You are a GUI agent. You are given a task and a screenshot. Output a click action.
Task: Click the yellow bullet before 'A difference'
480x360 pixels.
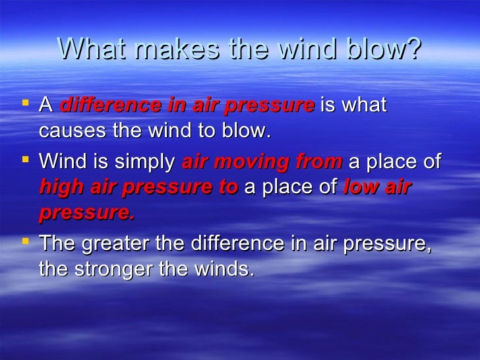[x=25, y=104]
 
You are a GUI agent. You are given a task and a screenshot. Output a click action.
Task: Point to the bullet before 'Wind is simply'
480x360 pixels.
[x=25, y=159]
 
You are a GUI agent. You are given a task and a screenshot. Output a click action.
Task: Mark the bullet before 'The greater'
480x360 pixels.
[x=25, y=242]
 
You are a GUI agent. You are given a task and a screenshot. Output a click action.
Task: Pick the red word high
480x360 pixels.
[x=61, y=187]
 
